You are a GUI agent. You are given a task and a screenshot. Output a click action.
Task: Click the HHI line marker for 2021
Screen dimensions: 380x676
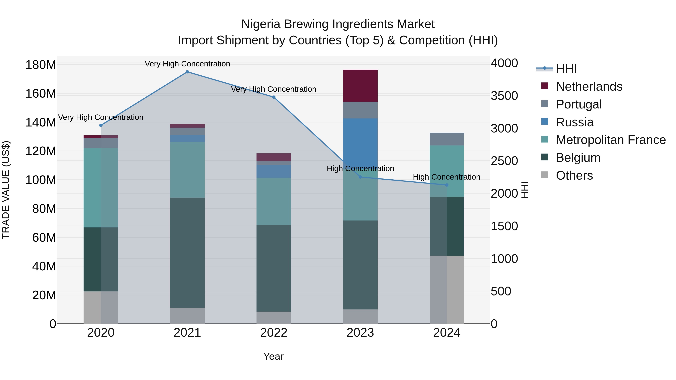[187, 72]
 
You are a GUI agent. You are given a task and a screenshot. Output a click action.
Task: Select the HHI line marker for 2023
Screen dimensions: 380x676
[360, 177]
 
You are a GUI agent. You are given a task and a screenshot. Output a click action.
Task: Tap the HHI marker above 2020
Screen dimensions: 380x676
[101, 125]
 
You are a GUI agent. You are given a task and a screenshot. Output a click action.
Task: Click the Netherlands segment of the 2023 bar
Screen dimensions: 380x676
[360, 86]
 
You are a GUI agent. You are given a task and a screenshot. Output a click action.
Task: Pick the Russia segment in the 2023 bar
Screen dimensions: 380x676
[360, 139]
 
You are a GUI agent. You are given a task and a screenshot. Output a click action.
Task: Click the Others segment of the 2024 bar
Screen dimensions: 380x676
[447, 290]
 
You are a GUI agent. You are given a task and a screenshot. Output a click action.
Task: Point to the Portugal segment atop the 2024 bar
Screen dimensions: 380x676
[447, 139]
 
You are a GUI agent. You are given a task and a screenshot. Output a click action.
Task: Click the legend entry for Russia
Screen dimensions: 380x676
[574, 122]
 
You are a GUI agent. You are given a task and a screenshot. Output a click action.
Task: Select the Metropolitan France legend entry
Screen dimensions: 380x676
[610, 140]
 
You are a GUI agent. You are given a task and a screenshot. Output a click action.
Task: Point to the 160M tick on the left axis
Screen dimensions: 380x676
[41, 94]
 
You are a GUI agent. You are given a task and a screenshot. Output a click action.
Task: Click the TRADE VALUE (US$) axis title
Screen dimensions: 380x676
[6, 190]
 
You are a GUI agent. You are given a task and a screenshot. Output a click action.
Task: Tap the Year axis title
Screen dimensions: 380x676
[273, 356]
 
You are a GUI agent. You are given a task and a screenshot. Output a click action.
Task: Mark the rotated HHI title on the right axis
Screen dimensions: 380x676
[525, 190]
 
